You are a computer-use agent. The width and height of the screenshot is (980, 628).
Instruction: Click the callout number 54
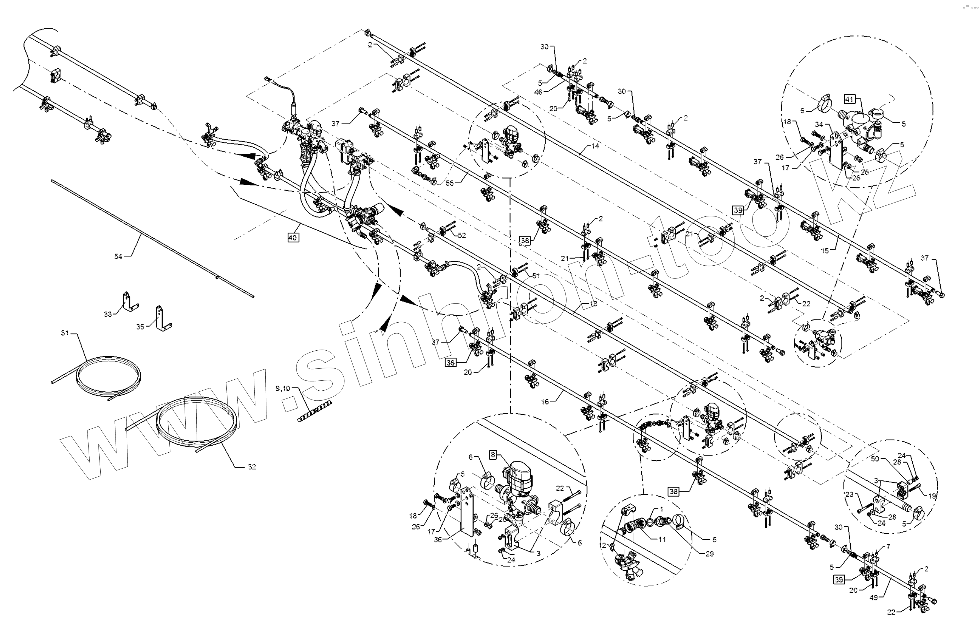tap(118, 256)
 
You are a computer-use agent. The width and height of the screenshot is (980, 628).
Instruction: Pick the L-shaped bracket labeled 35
tap(162, 318)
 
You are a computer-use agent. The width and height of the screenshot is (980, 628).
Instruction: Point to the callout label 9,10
tap(283, 389)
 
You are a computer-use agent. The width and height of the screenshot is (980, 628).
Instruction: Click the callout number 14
tap(595, 146)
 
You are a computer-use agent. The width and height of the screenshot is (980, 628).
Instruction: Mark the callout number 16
tap(545, 402)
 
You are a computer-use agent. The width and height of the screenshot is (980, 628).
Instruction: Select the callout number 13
tap(593, 304)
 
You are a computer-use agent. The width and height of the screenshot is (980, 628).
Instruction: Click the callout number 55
tap(449, 183)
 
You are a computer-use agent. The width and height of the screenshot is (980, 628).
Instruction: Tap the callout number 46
tap(538, 92)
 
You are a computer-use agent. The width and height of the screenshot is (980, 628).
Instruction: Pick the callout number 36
tap(438, 539)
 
